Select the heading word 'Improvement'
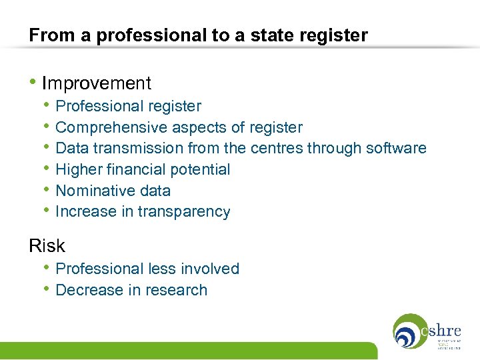[97, 83]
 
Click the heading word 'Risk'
[47, 246]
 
